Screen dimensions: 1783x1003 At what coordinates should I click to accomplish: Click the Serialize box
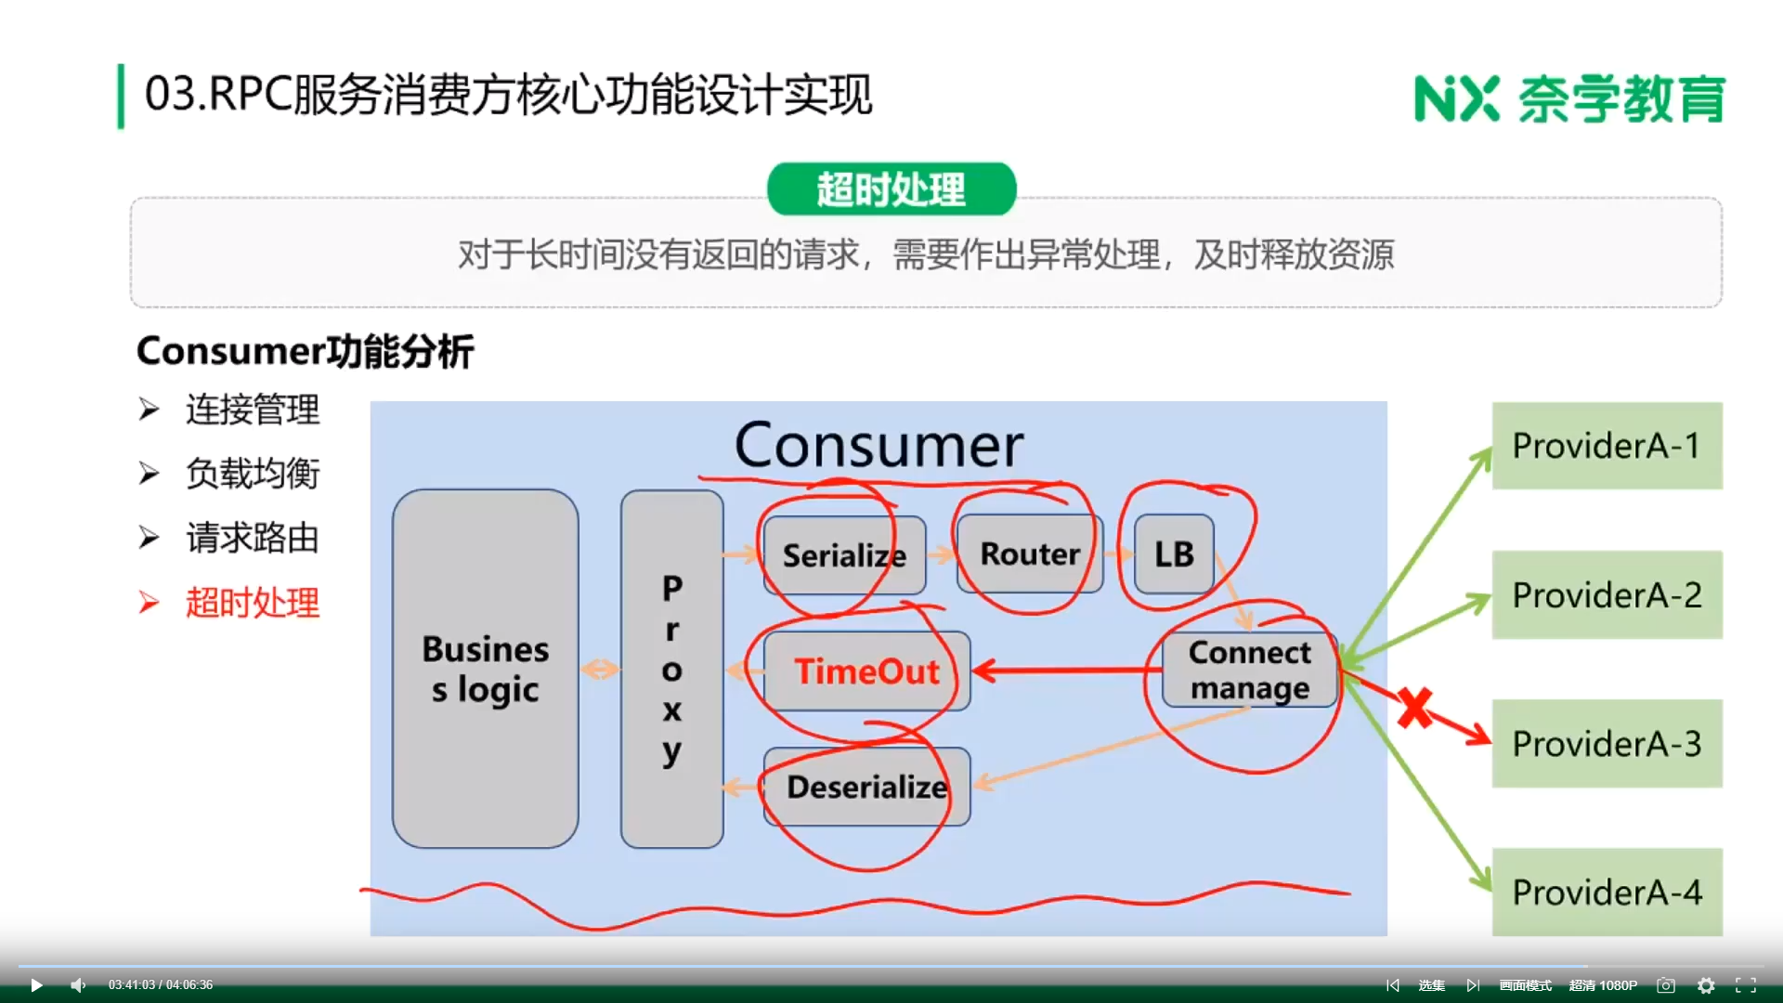pos(844,555)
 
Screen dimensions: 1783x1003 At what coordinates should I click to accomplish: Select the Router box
pos(1030,554)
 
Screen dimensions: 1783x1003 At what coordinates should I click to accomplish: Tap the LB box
pos(1174,554)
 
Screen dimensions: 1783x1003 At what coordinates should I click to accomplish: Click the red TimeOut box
pos(866,671)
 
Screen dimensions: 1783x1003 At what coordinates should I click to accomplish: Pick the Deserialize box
pos(866,787)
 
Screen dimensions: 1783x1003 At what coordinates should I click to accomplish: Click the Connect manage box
pos(1249,671)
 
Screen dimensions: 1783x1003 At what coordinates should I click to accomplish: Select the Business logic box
pos(485,669)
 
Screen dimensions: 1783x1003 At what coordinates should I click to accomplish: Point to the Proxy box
pos(671,669)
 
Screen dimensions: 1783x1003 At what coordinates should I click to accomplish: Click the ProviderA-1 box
pos(1607,446)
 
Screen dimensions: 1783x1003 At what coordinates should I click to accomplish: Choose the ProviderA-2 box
pos(1607,594)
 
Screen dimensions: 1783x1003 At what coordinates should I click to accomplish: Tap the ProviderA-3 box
pos(1607,743)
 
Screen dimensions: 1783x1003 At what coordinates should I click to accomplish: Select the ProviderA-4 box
pos(1607,892)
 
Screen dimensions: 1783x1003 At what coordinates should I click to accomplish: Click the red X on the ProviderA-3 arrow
pos(1414,709)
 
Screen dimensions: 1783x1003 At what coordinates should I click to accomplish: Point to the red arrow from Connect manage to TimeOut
pos(1068,670)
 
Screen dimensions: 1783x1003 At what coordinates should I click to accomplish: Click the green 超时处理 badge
pos(891,189)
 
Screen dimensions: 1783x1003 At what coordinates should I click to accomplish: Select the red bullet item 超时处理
pos(252,603)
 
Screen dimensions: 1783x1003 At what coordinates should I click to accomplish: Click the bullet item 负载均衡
pos(252,474)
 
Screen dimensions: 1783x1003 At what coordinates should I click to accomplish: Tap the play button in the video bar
pos(36,985)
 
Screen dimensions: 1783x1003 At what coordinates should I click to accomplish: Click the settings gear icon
pos(1706,985)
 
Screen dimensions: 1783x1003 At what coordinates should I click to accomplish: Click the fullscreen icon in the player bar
pos(1746,985)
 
